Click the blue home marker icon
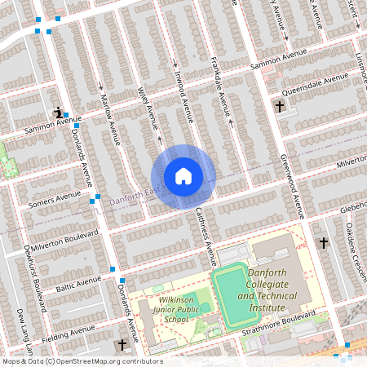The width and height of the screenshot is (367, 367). (183, 175)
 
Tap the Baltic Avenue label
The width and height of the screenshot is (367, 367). (77, 285)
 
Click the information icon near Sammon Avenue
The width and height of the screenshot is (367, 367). (57, 112)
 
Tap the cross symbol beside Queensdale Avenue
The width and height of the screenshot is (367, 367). (280, 106)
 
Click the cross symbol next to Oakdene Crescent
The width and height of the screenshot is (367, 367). (324, 242)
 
